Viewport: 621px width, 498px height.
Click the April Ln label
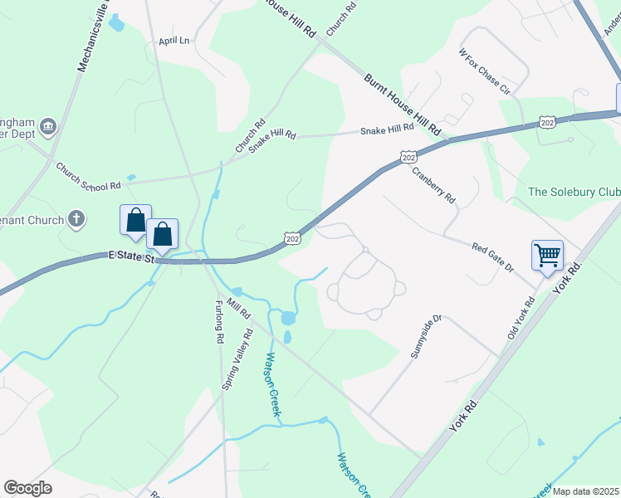pyautogui.click(x=174, y=40)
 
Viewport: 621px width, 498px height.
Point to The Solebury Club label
pyautogui.click(x=574, y=192)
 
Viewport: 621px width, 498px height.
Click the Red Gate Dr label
pyautogui.click(x=493, y=258)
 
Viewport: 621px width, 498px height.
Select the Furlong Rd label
pyautogui.click(x=221, y=322)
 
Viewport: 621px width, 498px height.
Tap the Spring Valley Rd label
pyautogui.click(x=236, y=361)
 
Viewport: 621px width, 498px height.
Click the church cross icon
pyautogui.click(x=76, y=220)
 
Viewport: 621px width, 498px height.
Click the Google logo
pyautogui.click(x=27, y=488)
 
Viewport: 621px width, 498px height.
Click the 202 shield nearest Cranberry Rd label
pyautogui.click(x=407, y=157)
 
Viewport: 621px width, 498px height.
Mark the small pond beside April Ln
pyautogui.click(x=116, y=24)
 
